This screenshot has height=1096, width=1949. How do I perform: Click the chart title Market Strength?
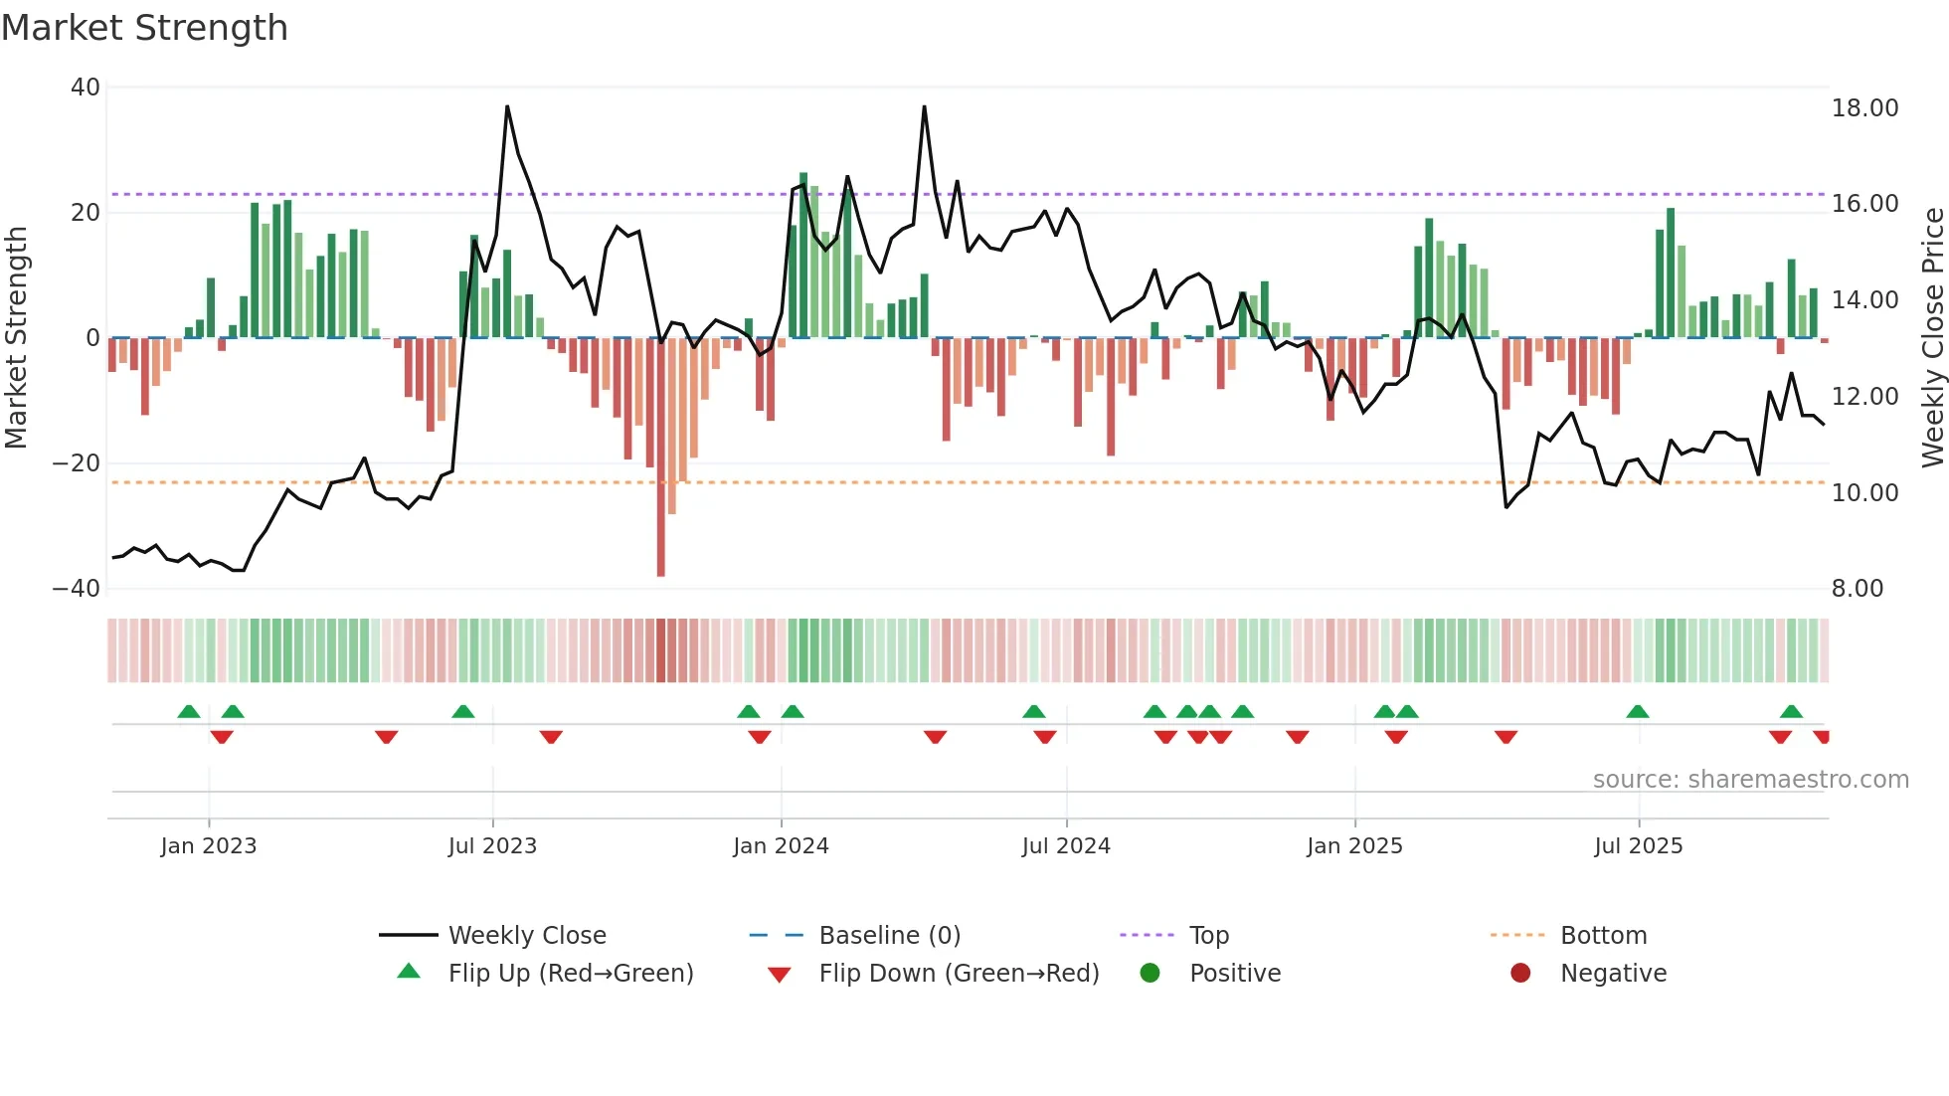(144, 28)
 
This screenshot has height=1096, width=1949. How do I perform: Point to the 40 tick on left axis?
(86, 88)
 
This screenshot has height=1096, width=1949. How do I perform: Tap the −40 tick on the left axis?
(77, 588)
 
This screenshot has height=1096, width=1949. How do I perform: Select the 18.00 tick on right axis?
(1864, 108)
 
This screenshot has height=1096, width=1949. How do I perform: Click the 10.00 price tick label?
(1864, 492)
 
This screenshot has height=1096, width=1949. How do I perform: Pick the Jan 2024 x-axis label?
(781, 846)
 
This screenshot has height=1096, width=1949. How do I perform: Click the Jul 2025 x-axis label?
(1638, 846)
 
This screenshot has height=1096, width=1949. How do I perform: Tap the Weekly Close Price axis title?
(1932, 337)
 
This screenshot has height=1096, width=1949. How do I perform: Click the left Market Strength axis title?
(17, 337)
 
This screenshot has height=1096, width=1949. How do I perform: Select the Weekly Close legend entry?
(526, 936)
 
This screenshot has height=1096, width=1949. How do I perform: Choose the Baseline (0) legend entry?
(889, 936)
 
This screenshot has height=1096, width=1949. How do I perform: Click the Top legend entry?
(1209, 936)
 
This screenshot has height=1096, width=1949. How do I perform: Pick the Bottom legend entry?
(1603, 936)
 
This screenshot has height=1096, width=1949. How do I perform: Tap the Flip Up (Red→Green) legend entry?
(570, 974)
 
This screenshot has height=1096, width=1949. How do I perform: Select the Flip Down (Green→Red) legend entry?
(959, 974)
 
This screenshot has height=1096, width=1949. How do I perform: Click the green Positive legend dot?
(1151, 974)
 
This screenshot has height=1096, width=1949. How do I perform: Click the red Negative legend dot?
(1520, 974)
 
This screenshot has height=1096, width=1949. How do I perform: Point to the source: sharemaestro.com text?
(1750, 780)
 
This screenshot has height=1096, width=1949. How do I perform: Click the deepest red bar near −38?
(661, 457)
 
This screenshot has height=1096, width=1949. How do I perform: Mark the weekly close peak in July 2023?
(507, 106)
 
